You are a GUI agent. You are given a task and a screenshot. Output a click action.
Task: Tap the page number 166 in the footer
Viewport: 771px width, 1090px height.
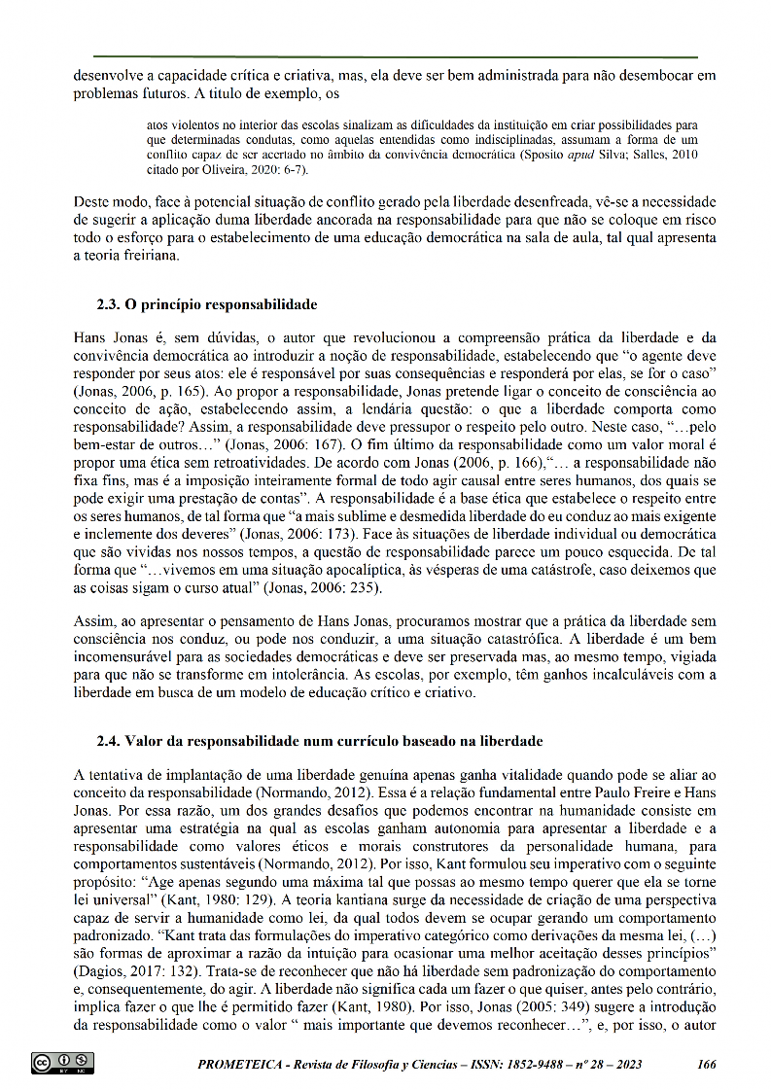click(707, 1064)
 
